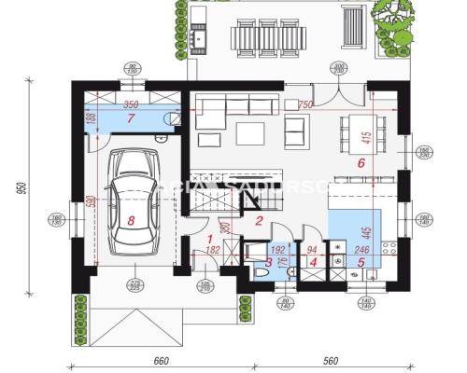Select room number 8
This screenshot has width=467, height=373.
(131, 221)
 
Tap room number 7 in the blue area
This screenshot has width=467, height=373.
(132, 119)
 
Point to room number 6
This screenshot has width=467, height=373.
(360, 161)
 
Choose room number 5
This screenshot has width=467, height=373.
(361, 262)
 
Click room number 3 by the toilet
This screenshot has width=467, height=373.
(268, 262)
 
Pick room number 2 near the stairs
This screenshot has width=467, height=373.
(260, 220)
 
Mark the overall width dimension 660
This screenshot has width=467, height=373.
(160, 362)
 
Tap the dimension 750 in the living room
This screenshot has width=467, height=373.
(304, 105)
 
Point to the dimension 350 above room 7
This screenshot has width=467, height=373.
(131, 105)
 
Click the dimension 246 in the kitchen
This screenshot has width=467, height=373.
(362, 249)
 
